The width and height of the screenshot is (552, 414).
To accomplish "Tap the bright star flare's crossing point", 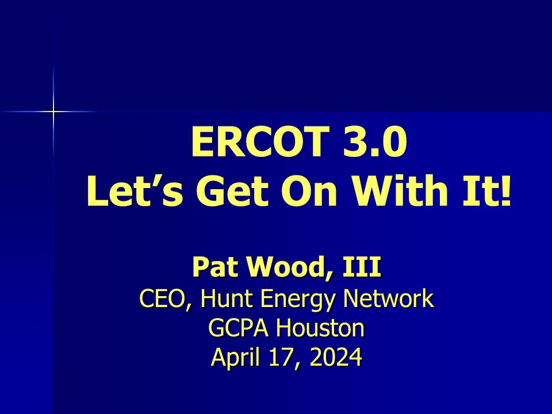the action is tap(53, 112).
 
